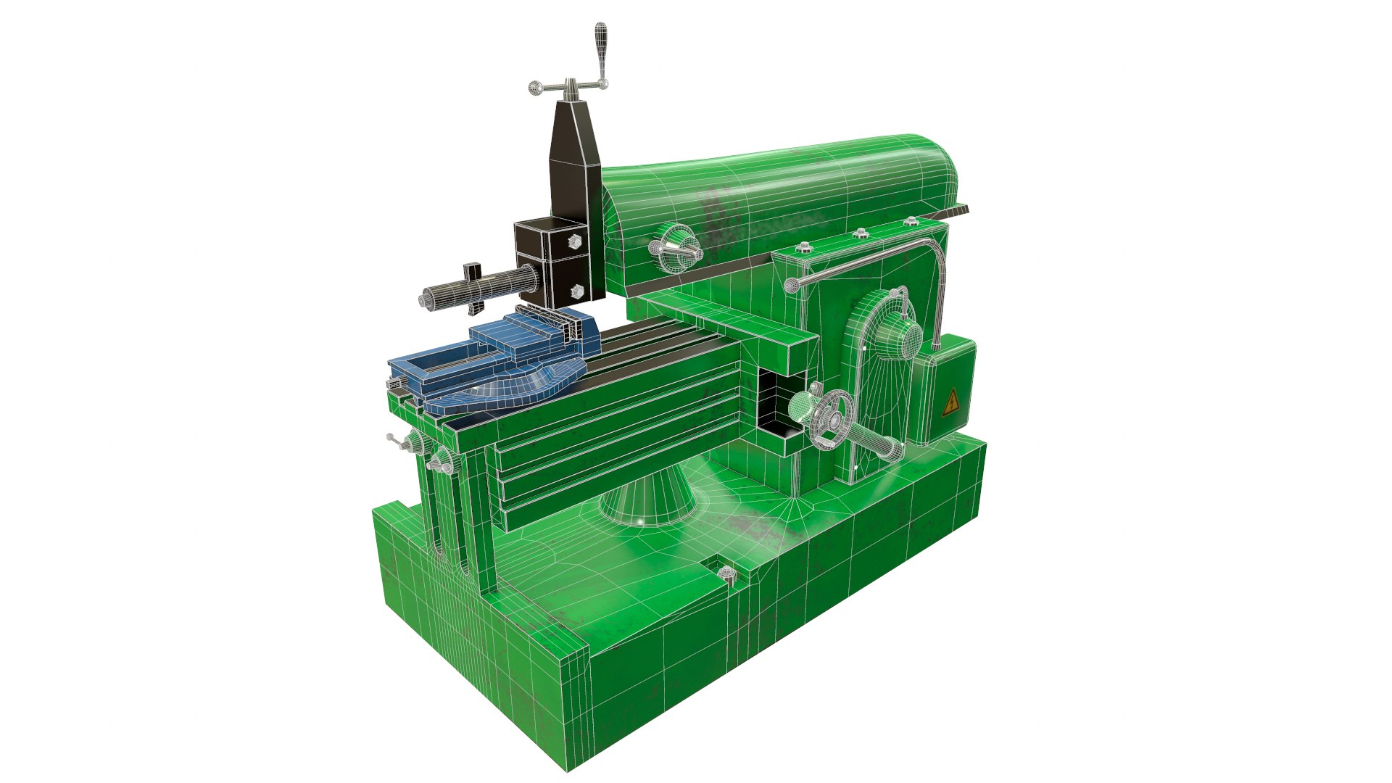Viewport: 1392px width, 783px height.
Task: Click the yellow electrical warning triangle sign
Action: point(950,403)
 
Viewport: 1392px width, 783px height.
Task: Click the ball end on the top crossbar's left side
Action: point(536,88)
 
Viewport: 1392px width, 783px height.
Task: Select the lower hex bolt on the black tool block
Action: point(576,291)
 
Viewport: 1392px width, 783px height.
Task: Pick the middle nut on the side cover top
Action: point(860,233)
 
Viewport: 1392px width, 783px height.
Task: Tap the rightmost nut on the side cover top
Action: point(911,222)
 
